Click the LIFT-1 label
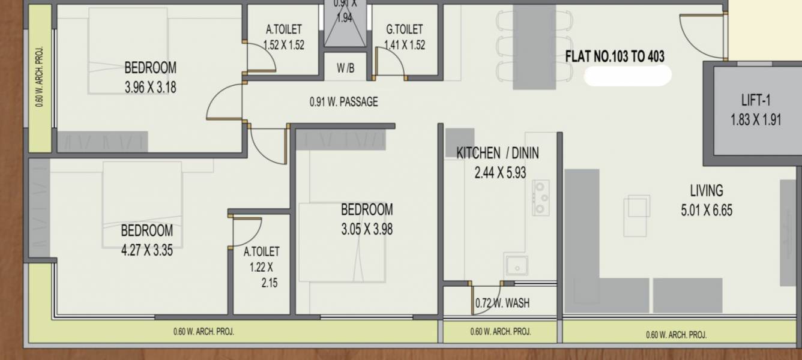[x=755, y=100]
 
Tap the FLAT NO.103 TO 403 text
[x=615, y=57]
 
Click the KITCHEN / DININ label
[x=498, y=153]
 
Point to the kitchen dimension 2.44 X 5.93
[x=499, y=173]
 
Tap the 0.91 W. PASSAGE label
[x=343, y=102]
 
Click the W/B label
[x=345, y=68]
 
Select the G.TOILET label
[x=404, y=29]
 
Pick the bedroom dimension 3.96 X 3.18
[x=150, y=87]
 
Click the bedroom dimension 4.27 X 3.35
[x=146, y=250]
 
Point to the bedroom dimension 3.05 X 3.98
[x=367, y=229]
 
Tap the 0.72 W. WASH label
[x=502, y=303]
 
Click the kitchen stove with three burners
[x=541, y=197]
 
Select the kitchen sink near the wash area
[x=516, y=265]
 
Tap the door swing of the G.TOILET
[x=391, y=62]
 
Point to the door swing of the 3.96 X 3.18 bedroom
[x=224, y=103]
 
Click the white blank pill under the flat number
[x=627, y=76]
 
